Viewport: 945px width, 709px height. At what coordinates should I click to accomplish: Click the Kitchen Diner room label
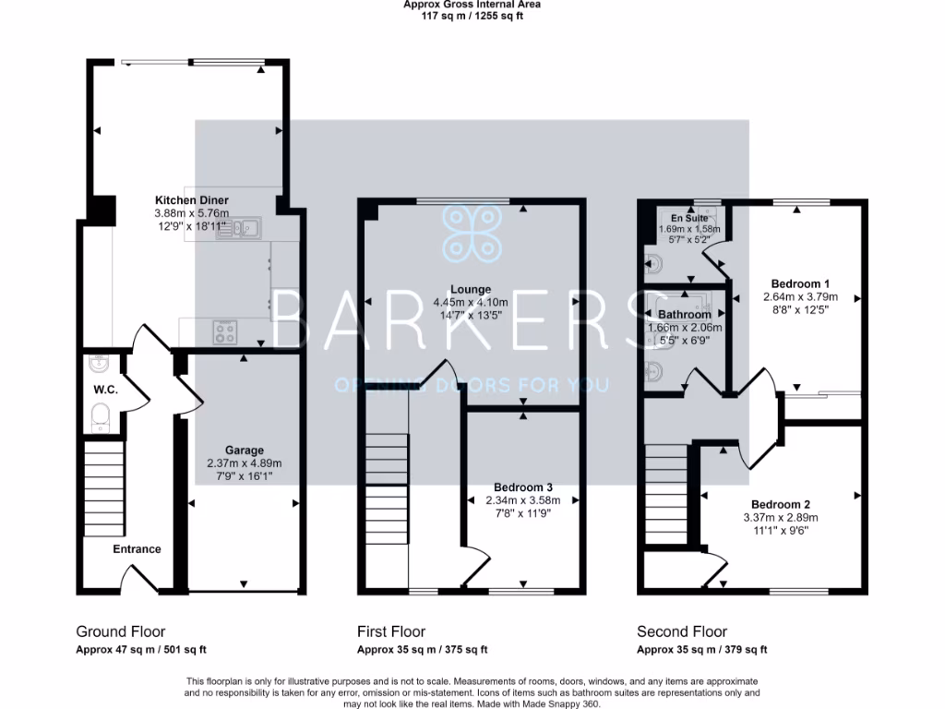[x=191, y=200]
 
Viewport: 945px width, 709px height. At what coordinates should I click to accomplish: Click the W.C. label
[x=102, y=390]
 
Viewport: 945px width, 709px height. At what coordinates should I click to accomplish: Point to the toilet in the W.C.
[x=101, y=416]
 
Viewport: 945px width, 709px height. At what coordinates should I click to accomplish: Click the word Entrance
[x=137, y=549]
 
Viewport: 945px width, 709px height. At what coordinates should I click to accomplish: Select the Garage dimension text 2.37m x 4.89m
[x=243, y=463]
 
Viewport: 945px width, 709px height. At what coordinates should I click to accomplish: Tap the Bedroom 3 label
[x=523, y=487]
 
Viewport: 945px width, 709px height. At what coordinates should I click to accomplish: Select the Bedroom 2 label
[x=780, y=504]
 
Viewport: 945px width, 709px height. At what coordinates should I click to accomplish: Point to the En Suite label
[x=689, y=218]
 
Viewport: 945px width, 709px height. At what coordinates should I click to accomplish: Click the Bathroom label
[x=684, y=315]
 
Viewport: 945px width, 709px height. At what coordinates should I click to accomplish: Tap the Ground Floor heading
[x=120, y=632]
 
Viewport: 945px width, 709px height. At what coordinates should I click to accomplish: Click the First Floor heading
[x=391, y=632]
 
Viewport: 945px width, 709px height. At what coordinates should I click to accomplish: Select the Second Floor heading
[x=681, y=632]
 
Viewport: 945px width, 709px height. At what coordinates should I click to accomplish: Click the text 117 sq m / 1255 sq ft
[x=472, y=16]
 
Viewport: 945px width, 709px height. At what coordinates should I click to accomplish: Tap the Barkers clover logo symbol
[x=472, y=234]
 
